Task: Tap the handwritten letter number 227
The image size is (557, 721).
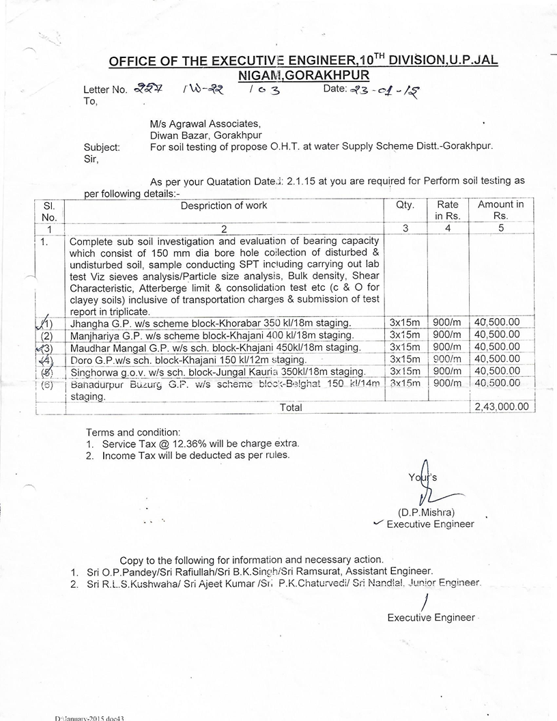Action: (145, 88)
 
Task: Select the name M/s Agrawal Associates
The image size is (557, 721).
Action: (205, 124)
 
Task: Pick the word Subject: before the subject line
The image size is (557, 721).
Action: (102, 146)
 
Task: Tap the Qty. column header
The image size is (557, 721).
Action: (405, 205)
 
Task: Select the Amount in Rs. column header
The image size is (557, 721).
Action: (500, 210)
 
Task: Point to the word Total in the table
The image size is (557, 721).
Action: (291, 407)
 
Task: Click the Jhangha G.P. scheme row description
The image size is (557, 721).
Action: (210, 322)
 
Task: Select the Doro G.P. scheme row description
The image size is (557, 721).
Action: (188, 359)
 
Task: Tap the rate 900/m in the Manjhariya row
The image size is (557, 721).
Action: (447, 335)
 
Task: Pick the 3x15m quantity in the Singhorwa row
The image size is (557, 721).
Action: (405, 371)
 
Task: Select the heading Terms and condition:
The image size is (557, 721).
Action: (132, 432)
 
